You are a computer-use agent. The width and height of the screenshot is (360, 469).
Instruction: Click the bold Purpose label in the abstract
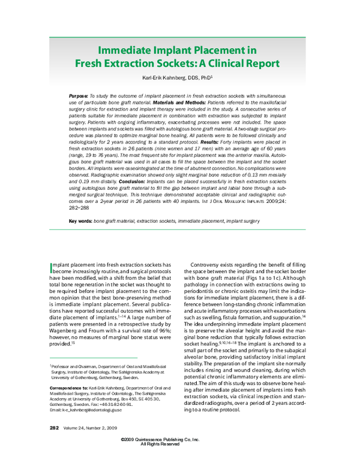(78, 96)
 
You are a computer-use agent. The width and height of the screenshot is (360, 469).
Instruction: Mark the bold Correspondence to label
(68, 388)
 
